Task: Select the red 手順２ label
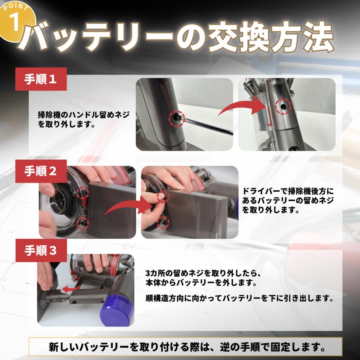(41, 170)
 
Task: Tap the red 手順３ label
(41, 251)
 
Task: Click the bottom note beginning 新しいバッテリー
(186, 346)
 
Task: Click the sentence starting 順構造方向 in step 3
(240, 298)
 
